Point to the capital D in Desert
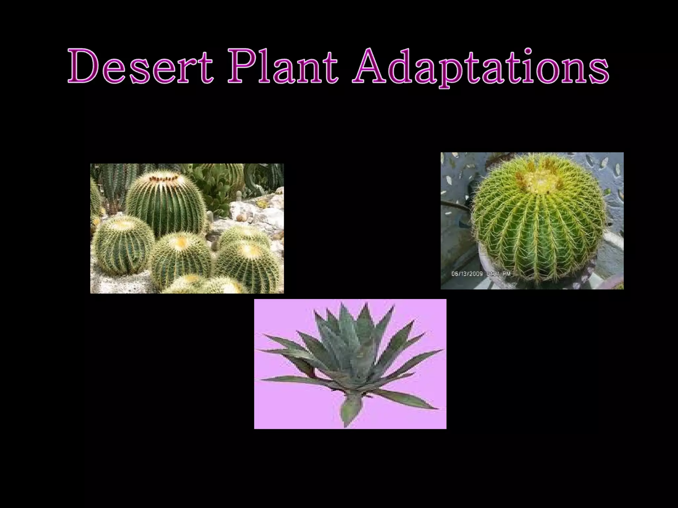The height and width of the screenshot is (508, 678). pos(83,65)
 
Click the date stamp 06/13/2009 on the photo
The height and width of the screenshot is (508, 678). pos(467,274)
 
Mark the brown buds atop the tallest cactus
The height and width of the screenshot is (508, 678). pos(164,179)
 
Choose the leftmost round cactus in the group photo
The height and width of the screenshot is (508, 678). pos(122,245)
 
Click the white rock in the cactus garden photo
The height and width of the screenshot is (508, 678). pos(252,212)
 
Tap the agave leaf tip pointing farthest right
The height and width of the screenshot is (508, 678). pos(442,350)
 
